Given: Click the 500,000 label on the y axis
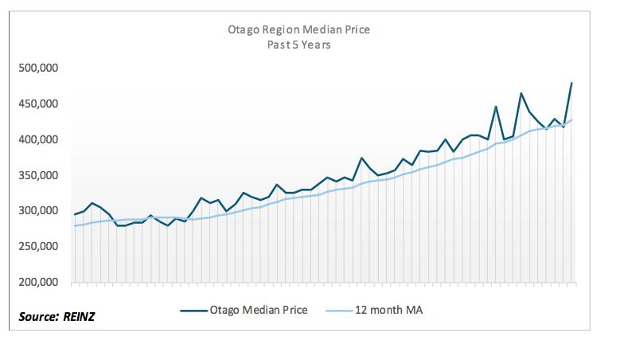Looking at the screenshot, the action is (x=38, y=68).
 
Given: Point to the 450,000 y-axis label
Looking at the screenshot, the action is (x=38, y=104).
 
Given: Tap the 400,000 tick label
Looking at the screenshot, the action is (x=38, y=139).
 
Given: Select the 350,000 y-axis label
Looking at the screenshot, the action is (x=38, y=175).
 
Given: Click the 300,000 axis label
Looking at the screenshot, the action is (x=38, y=210).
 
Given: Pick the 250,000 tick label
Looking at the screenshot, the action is (x=38, y=246).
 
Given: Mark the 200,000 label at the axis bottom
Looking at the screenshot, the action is (x=38, y=282).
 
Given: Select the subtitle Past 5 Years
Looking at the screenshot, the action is (x=298, y=45).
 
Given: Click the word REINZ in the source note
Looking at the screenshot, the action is (x=79, y=317).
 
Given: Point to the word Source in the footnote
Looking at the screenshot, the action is (x=38, y=317).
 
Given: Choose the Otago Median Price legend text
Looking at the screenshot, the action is (x=259, y=310).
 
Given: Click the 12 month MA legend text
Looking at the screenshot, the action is (x=388, y=310).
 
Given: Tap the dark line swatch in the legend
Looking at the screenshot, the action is (x=194, y=311).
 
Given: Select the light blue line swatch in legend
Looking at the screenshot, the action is (x=339, y=311).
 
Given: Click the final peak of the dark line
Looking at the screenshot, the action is (x=571, y=83).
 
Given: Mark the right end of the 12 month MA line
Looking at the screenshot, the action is (x=571, y=119).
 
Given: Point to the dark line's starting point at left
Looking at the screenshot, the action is (x=75, y=214).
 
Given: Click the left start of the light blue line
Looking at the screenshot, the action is (x=75, y=225).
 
